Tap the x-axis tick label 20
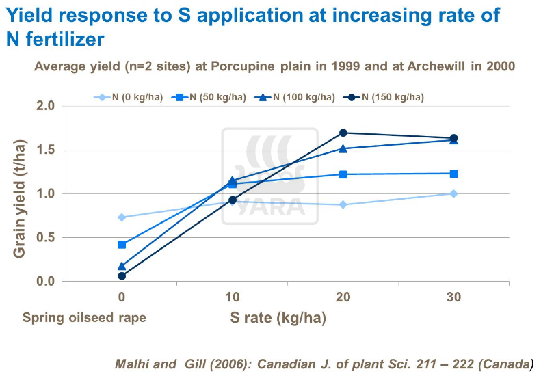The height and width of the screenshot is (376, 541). (x=343, y=297)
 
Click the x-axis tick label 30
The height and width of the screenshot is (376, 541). (x=453, y=297)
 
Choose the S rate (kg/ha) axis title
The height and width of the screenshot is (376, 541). (x=277, y=318)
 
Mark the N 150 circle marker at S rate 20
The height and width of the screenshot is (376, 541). (x=343, y=133)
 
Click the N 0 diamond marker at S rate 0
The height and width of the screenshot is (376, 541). (x=122, y=217)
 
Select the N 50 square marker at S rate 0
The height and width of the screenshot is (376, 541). (x=122, y=244)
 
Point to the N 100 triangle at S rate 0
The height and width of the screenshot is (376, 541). (x=122, y=266)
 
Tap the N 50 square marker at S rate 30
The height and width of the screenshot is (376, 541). (x=453, y=174)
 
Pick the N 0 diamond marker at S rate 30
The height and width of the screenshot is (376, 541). (x=453, y=193)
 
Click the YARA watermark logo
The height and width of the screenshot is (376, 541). (x=269, y=176)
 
